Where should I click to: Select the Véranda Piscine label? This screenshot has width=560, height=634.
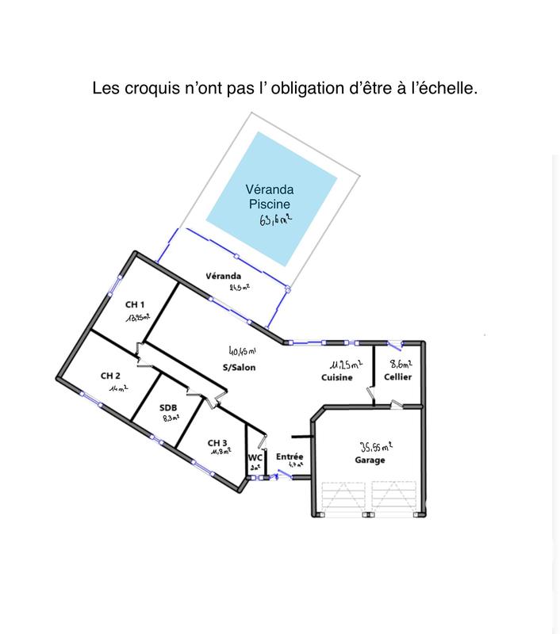(x=270, y=197)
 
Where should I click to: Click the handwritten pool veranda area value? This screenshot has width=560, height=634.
(x=275, y=220)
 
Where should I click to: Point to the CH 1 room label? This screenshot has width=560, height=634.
(x=135, y=304)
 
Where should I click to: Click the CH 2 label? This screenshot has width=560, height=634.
(x=110, y=376)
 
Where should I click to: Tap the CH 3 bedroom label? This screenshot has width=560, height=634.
(x=218, y=442)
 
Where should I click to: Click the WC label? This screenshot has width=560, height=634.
(x=255, y=457)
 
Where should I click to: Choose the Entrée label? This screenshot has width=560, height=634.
(x=290, y=457)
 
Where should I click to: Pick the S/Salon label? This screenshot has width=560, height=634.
(x=239, y=368)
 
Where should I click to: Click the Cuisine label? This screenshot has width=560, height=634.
(x=337, y=377)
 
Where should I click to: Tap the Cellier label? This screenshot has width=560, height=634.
(x=397, y=377)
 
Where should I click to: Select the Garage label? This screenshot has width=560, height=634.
(x=370, y=460)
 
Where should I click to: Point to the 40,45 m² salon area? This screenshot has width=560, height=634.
(x=243, y=350)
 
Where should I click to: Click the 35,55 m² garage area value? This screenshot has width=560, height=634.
(x=377, y=446)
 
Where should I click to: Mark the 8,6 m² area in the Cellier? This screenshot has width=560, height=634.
(x=400, y=364)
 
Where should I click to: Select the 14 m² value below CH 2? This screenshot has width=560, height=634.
(x=118, y=389)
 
